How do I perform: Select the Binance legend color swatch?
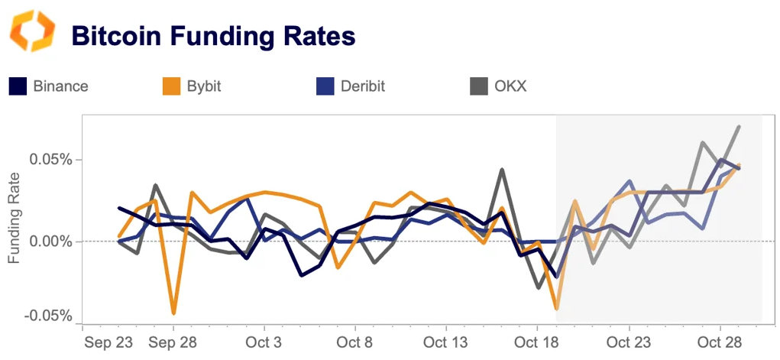point(18,86)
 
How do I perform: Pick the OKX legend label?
point(510,86)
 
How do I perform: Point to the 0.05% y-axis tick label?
point(51,161)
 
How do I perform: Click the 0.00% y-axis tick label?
point(51,242)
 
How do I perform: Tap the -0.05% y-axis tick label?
point(50,316)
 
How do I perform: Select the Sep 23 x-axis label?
point(109,342)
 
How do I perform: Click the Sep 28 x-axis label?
point(173,342)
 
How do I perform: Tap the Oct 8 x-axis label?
point(355,342)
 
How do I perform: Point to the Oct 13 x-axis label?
point(445,342)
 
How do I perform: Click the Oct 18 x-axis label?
point(537,342)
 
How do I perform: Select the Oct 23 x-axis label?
point(629,342)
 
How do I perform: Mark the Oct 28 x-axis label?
point(720,342)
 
